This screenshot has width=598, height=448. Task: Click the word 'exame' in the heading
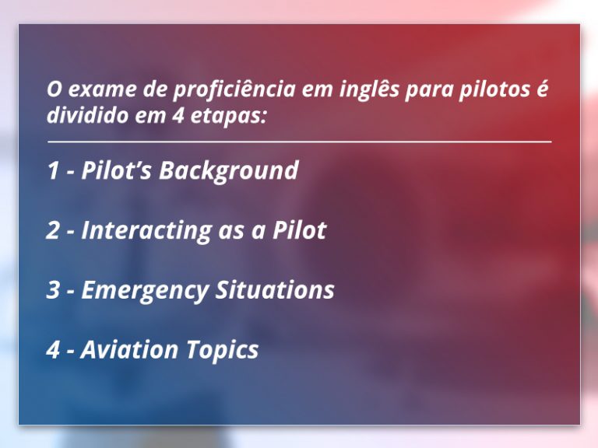coord(102,89)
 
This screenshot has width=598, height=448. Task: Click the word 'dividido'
coord(87,114)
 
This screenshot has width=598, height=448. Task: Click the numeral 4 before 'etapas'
coord(178,115)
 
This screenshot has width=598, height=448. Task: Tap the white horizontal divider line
coord(299,142)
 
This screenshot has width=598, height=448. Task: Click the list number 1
coord(53,170)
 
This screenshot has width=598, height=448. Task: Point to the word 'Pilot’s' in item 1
coord(117,170)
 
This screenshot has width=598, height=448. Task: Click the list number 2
coord(53,230)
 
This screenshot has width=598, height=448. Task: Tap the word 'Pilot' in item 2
coord(299,229)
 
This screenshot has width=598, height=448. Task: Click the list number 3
coord(53,290)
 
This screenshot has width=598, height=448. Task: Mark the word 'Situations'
coord(275,289)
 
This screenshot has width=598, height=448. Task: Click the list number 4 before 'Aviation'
coord(53,350)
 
